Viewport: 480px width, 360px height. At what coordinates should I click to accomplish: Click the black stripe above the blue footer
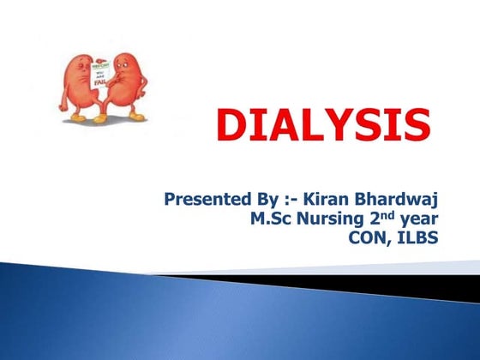coord(343,280)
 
